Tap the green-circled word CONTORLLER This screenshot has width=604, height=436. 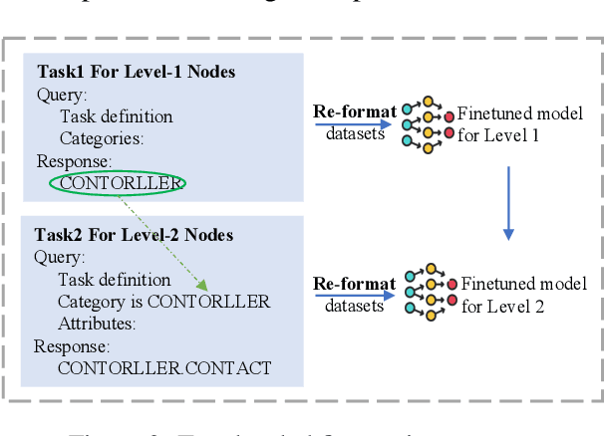pyautogui.click(x=121, y=182)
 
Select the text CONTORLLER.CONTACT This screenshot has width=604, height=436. pyautogui.click(x=164, y=367)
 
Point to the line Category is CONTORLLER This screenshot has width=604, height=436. pyautogui.click(x=163, y=302)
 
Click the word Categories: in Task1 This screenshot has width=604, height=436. pyautogui.click(x=103, y=138)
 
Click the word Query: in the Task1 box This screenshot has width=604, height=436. pyautogui.click(x=62, y=95)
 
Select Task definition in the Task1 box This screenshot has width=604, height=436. pyautogui.click(x=115, y=116)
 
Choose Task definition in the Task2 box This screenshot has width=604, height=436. pyautogui.click(x=113, y=280)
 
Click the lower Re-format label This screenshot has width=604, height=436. pyautogui.click(x=355, y=285)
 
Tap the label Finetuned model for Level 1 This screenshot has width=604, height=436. pyautogui.click(x=519, y=124)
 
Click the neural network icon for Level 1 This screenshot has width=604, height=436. pyautogui.click(x=428, y=122)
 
